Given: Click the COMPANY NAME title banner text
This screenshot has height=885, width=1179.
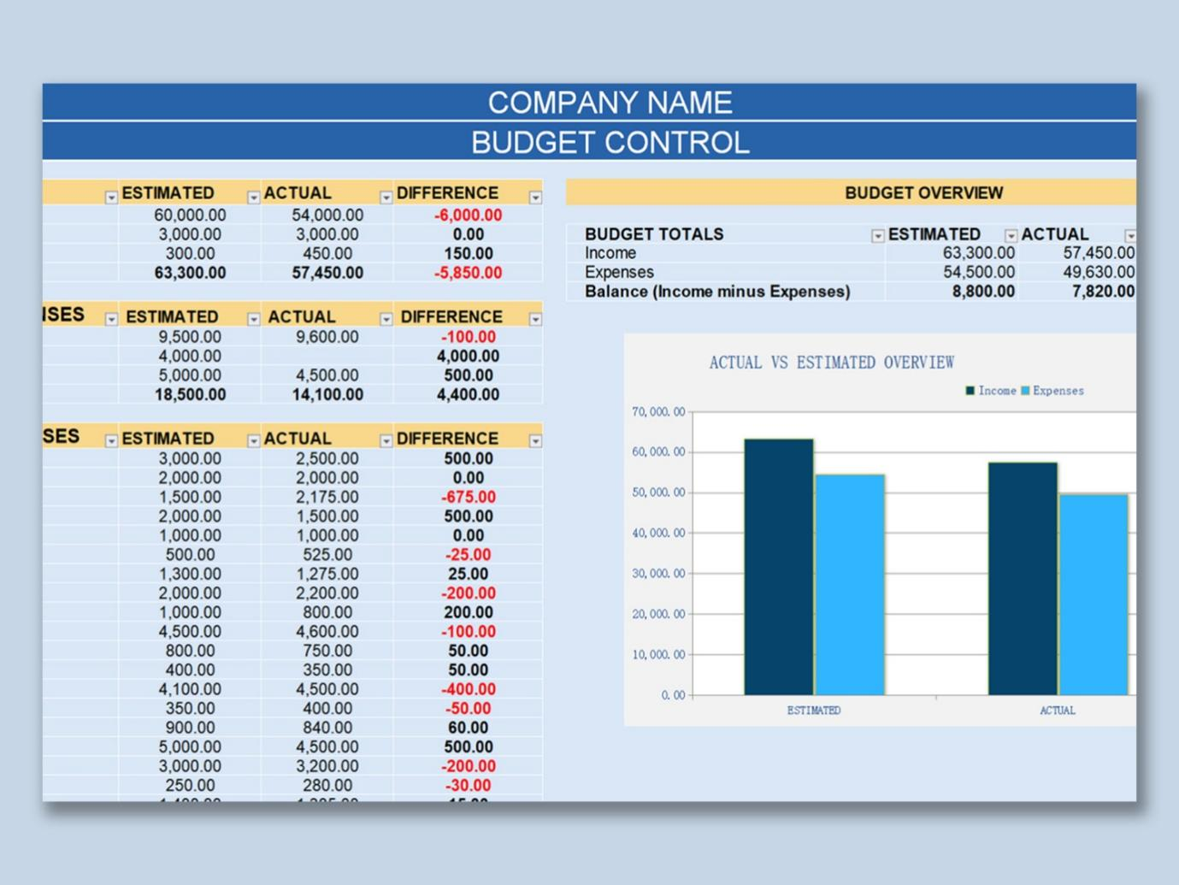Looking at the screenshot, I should click(x=610, y=103).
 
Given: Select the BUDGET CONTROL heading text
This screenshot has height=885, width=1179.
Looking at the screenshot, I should click(x=610, y=142).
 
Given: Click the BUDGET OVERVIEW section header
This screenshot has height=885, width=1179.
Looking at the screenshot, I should click(x=923, y=193).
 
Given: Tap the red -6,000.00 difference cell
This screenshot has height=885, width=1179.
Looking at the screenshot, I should click(x=468, y=215).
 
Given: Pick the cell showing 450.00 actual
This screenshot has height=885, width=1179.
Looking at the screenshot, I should click(x=327, y=254).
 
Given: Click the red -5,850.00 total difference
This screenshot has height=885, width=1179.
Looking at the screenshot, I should click(x=468, y=274).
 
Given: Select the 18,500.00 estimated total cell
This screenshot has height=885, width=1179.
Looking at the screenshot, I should click(x=190, y=395).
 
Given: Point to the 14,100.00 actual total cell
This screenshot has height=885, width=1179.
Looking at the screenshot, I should click(x=327, y=395).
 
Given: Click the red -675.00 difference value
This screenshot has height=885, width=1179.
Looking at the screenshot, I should click(x=468, y=498).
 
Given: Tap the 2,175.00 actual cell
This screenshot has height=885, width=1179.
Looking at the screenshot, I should click(x=327, y=498).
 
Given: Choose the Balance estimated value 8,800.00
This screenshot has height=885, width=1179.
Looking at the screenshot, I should click(x=983, y=292).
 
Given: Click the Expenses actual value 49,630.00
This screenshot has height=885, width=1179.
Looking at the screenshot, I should click(x=1099, y=273).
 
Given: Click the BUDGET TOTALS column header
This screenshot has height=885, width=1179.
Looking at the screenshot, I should click(x=654, y=234).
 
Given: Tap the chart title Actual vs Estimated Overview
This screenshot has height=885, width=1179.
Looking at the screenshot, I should click(x=831, y=363).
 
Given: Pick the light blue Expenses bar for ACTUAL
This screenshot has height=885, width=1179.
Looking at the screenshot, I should click(x=1094, y=594).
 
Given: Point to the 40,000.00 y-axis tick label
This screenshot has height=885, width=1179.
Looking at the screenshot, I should click(x=658, y=534).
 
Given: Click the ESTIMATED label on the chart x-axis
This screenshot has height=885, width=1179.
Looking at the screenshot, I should click(x=813, y=711).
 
